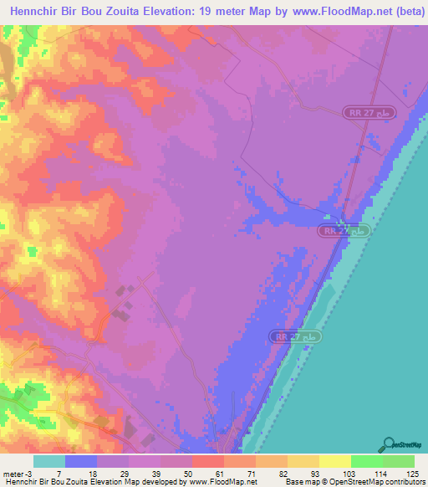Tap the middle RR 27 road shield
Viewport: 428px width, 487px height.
[x=344, y=229]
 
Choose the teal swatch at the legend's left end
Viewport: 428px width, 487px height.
[x=49, y=461]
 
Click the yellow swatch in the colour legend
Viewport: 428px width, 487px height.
[x=334, y=461]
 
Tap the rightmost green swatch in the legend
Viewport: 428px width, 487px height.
[x=398, y=461]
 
